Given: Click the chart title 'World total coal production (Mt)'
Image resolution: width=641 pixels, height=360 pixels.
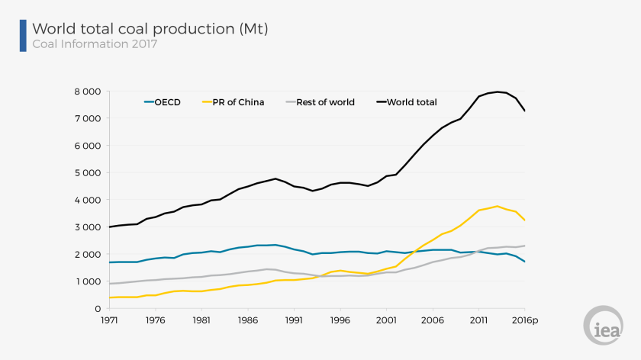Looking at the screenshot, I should pyautogui.click(x=150, y=29).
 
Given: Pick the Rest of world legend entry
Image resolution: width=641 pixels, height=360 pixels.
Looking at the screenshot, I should pyautogui.click(x=318, y=102).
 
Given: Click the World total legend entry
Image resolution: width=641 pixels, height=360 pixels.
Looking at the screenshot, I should pyautogui.click(x=405, y=102).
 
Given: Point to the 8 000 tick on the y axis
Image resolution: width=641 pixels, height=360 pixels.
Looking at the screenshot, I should pyautogui.click(x=86, y=92).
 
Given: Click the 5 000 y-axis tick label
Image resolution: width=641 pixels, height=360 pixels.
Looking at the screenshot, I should pyautogui.click(x=86, y=173).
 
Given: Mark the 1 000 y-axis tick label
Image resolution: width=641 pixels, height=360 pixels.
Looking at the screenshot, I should pyautogui.click(x=86, y=281).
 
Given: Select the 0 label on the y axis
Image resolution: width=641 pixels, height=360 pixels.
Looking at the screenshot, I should pyautogui.click(x=96, y=309).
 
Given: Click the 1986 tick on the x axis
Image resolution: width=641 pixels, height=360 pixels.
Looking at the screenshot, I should pyautogui.click(x=247, y=320).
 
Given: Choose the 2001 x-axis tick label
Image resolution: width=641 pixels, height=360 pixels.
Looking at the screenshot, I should pyautogui.click(x=385, y=320).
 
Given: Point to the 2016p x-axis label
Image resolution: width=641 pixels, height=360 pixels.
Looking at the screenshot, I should pyautogui.click(x=526, y=320).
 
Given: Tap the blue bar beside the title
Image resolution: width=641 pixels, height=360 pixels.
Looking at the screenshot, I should pyautogui.click(x=23, y=35).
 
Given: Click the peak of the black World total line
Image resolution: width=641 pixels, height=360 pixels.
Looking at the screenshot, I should pyautogui.click(x=498, y=92).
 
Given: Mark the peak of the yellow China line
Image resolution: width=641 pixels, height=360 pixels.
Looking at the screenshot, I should pyautogui.click(x=498, y=206).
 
